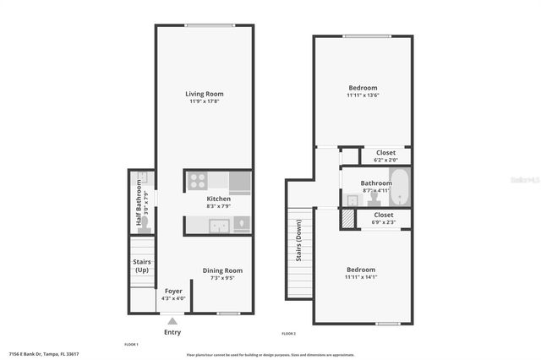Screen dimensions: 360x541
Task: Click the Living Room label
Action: click(x=204, y=93)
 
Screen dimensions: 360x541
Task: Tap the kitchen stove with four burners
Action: click(x=197, y=180)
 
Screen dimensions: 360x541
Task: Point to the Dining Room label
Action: click(x=222, y=270)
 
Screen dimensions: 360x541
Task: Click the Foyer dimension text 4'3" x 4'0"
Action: click(x=173, y=297)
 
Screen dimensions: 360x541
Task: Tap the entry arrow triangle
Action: click(x=172, y=321)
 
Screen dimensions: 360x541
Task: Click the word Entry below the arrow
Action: click(x=172, y=332)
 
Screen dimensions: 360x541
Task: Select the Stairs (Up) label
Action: click(x=141, y=266)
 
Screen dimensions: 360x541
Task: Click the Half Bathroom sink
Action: click(x=143, y=178)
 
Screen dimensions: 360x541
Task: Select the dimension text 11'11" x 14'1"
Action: click(x=362, y=276)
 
